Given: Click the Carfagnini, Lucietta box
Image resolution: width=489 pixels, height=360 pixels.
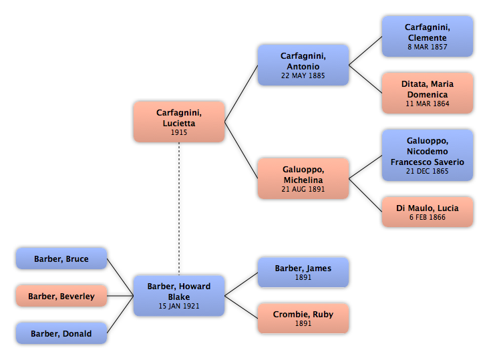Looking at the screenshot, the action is pos(179,122).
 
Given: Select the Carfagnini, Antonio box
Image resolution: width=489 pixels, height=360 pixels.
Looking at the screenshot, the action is pos(303,65).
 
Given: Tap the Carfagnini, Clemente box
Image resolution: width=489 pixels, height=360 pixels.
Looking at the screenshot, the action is pos(428,37).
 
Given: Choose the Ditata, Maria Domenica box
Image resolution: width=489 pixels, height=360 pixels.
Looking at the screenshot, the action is pos(428,94).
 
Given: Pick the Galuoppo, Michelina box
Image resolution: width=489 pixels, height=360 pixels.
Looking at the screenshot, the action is pos(303,178).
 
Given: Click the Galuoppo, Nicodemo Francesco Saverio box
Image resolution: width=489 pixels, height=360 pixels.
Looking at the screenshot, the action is pos(428,155).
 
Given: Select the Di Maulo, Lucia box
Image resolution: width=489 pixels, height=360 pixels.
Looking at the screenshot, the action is pos(428,212).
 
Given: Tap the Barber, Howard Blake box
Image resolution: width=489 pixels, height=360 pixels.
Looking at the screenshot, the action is pos(179,295).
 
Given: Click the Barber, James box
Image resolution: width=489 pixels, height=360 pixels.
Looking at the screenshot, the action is pos(303,273).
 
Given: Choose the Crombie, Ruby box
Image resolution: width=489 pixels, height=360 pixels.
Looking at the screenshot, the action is pos(303,318).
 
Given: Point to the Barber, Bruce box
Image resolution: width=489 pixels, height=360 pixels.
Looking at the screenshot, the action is pos(61,258).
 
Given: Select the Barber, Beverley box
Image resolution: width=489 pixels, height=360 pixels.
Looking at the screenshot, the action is pos(61,296).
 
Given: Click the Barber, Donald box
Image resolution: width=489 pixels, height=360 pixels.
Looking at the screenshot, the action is pos(61,333).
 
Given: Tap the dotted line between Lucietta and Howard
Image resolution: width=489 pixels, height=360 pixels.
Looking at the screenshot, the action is pos(179,209).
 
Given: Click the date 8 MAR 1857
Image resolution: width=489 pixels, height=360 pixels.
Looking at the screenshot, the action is pos(428,47).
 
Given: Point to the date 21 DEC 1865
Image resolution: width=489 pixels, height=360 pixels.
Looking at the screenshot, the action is pos(428,171).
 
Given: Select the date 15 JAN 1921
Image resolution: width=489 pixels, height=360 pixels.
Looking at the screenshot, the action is pos(179,306).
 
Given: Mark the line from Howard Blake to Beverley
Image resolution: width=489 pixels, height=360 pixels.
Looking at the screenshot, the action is pos(120,296).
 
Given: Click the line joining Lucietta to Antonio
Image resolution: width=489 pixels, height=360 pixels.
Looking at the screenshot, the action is pos(241,94).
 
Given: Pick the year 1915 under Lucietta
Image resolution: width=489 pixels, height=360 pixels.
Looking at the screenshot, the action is pos(179,132).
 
